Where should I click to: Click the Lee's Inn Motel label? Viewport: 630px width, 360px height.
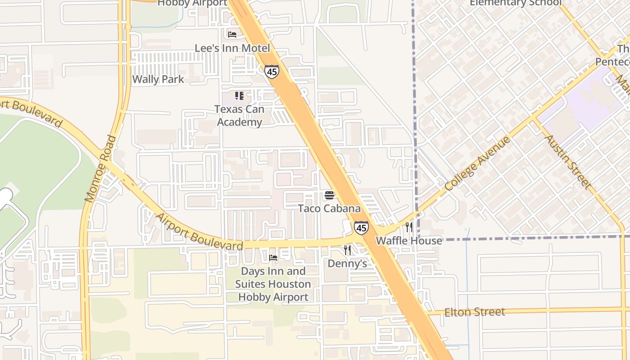tap(232, 48)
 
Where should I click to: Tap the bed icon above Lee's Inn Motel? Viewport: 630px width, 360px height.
tap(232, 34)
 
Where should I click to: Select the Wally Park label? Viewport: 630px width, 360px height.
tap(158, 80)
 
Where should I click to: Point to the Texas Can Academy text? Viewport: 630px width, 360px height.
tap(239, 116)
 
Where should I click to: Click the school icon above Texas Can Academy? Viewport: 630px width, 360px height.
tap(239, 96)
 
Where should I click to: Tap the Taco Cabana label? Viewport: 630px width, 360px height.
tap(329, 209)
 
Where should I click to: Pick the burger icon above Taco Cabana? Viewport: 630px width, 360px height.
tap(329, 195)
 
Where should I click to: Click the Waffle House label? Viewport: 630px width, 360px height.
tap(409, 241)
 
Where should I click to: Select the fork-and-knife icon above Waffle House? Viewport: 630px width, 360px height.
tap(409, 227)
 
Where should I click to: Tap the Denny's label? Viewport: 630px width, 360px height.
tap(347, 264)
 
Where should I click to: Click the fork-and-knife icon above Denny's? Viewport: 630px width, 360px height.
tap(347, 250)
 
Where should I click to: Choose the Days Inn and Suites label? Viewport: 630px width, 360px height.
tap(273, 284)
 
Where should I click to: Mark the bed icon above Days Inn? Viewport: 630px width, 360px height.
tap(273, 258)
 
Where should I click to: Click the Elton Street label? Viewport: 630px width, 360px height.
tap(474, 312)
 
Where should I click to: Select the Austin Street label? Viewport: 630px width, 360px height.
tap(568, 162)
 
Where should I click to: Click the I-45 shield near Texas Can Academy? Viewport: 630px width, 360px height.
tap(271, 72)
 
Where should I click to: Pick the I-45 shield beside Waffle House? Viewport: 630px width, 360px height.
tap(361, 228)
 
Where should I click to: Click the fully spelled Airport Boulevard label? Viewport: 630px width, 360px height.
tap(199, 232)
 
